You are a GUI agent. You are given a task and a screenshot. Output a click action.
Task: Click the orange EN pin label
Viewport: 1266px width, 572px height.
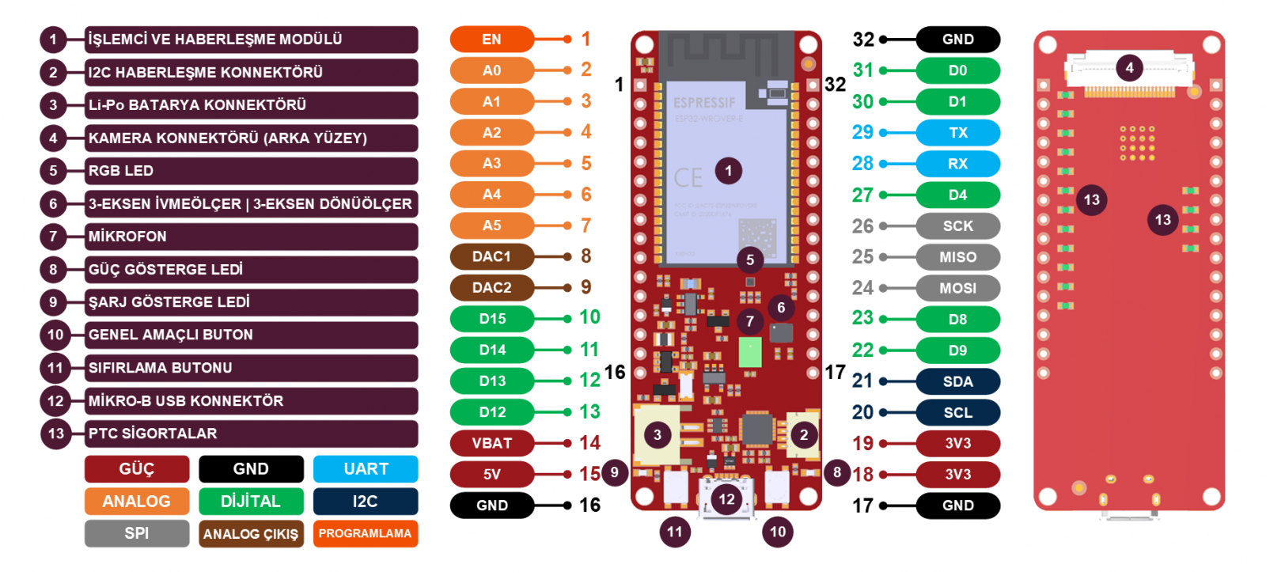[x=491, y=39]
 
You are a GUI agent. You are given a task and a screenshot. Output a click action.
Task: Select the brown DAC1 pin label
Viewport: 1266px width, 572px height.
[x=491, y=256]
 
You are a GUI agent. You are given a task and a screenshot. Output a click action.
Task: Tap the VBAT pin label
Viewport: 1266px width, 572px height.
[x=491, y=443]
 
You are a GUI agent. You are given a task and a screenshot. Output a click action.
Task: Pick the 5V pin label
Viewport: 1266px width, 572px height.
[x=491, y=475]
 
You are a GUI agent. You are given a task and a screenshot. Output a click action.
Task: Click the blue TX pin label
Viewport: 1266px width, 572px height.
[x=957, y=133]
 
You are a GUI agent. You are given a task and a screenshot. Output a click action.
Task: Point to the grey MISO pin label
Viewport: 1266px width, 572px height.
[x=957, y=257]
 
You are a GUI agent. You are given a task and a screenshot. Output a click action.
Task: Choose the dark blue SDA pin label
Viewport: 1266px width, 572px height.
[x=957, y=381]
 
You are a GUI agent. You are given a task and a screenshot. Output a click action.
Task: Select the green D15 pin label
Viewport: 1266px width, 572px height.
[x=491, y=319]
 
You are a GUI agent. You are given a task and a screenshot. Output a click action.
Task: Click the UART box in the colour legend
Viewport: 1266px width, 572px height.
[x=366, y=469]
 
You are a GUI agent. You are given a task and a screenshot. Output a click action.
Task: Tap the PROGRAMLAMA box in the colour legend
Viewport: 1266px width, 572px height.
[x=365, y=533]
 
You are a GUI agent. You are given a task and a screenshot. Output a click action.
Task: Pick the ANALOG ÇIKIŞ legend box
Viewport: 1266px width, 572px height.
[x=251, y=534]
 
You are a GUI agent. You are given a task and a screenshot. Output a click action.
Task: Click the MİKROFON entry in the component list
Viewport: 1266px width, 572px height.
[x=252, y=237]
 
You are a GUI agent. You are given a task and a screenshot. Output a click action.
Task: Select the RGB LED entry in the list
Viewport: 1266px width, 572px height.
[x=252, y=171]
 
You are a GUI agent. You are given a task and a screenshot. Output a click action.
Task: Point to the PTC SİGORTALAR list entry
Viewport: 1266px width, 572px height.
[x=252, y=434]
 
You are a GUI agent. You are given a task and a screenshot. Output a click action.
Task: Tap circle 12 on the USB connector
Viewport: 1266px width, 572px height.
[x=726, y=498]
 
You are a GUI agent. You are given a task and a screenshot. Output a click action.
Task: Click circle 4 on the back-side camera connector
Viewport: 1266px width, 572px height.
[x=1129, y=68]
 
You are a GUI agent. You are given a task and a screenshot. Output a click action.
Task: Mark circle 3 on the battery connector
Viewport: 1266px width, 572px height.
[x=657, y=434]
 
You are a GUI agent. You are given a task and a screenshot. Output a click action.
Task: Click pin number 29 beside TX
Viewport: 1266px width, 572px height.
[x=862, y=133]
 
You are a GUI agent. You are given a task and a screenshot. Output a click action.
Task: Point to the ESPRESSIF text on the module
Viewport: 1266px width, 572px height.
[x=704, y=103]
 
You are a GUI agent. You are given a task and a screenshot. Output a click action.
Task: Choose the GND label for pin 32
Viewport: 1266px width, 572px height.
[x=957, y=39]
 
